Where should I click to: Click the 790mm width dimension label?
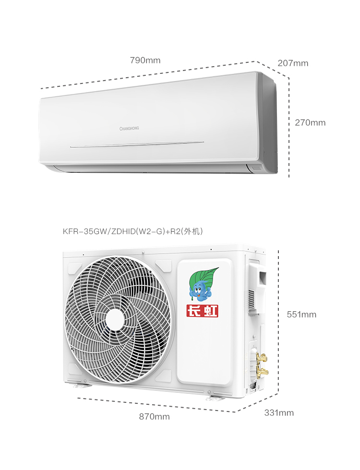[145, 60]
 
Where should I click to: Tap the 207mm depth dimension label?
[293, 63]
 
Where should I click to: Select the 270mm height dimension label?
[310, 123]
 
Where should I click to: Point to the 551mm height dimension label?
[301, 315]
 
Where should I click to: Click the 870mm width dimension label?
[154, 417]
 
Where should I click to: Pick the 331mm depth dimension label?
[279, 413]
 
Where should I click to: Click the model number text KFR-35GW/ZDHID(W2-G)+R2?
[121, 231]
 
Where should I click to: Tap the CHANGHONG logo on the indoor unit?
[129, 129]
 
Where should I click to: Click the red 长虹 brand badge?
[202, 311]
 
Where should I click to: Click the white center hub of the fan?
[115, 319]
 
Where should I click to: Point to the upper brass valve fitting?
[262, 358]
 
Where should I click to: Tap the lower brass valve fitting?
[263, 372]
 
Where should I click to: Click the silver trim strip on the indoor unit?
[137, 144]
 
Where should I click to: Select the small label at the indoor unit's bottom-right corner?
[257, 168]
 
